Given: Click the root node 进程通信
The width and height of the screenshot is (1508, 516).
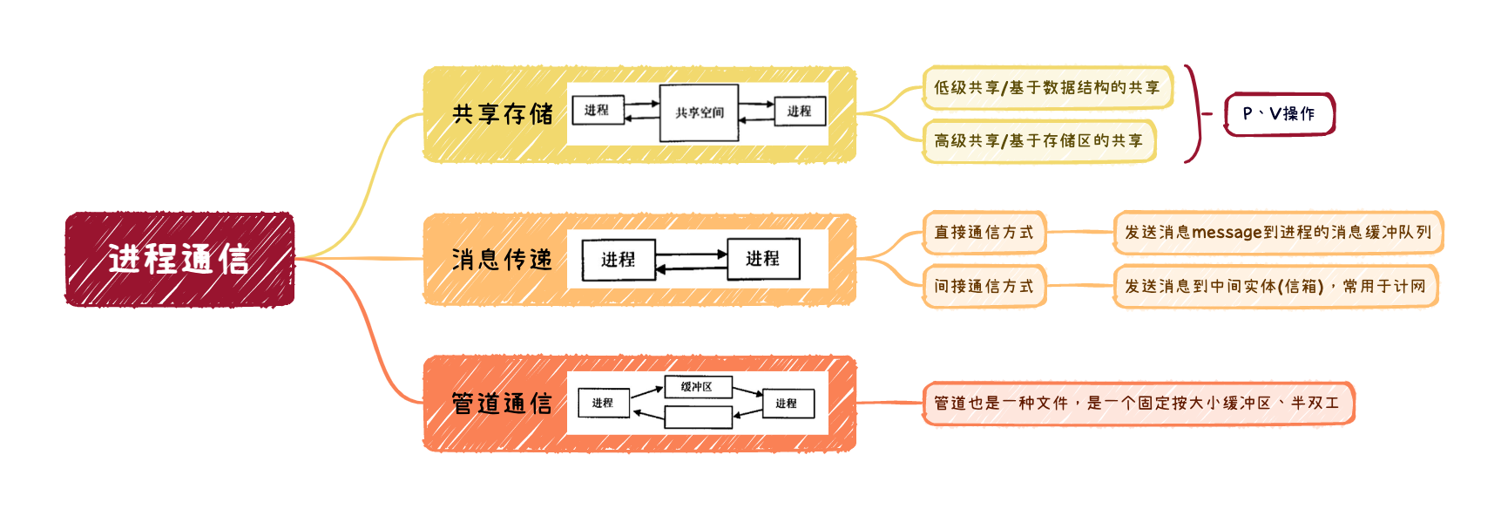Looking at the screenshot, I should (179, 259).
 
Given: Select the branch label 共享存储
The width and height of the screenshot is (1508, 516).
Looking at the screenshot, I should (503, 114).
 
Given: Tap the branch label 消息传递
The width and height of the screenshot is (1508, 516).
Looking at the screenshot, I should (503, 259).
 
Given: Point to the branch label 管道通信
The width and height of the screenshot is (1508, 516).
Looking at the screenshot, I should (503, 403).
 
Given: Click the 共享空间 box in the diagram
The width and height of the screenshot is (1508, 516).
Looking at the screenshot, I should (699, 112).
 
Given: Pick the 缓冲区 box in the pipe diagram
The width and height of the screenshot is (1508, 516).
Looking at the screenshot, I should (698, 386).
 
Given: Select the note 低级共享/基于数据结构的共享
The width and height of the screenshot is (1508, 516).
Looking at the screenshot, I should (1047, 87).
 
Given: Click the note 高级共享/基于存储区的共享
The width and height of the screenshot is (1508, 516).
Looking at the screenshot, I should (1038, 140).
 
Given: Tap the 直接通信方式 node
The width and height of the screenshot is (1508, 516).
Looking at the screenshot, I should (984, 232).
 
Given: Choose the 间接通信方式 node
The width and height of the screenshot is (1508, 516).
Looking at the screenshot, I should (984, 286).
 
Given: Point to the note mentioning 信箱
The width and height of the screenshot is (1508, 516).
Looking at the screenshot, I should (1275, 286).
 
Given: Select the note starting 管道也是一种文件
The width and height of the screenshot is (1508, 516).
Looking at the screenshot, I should (1138, 403).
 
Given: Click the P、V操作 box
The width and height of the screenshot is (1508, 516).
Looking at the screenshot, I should (1280, 114).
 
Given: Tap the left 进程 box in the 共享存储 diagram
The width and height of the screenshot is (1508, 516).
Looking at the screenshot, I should (598, 111).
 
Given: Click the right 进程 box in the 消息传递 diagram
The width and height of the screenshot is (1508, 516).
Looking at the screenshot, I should (763, 259).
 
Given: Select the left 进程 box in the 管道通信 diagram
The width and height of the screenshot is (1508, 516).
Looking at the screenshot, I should (603, 403).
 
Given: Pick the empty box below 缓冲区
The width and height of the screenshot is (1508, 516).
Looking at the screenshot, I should (698, 418).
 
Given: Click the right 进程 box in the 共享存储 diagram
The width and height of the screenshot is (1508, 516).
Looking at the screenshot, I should (799, 111).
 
